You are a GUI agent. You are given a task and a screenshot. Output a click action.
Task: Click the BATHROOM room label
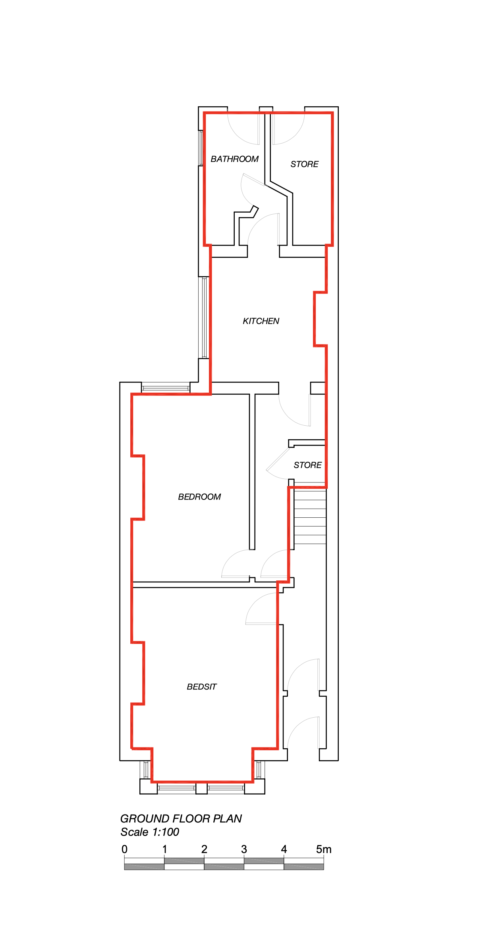click(x=234, y=159)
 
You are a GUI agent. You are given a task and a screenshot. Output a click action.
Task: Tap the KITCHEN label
click(x=261, y=321)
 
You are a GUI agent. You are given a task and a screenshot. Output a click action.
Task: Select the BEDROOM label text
click(x=199, y=497)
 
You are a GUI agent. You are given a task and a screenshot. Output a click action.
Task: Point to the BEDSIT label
click(x=202, y=687)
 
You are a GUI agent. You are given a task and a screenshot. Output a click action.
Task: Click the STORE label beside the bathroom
click(x=304, y=164)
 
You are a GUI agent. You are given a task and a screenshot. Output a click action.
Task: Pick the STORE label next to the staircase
click(x=307, y=465)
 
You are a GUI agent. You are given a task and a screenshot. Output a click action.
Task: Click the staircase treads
click(x=310, y=517)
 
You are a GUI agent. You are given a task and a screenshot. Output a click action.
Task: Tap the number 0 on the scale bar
click(x=124, y=849)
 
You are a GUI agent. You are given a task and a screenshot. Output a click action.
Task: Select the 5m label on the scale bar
click(x=324, y=849)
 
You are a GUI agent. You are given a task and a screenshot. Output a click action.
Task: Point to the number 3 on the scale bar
click(x=244, y=849)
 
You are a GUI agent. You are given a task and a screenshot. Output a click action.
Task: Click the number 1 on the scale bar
click(x=164, y=849)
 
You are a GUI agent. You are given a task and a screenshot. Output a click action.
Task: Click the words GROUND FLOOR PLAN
click(x=181, y=818)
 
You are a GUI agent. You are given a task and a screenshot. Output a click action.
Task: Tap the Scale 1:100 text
click(x=150, y=832)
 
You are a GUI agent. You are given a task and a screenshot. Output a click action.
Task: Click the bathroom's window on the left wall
click(x=201, y=148)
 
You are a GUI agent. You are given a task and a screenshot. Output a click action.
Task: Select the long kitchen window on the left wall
click(x=204, y=317)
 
